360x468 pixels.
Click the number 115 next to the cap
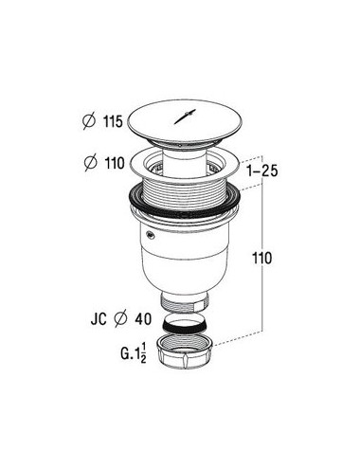(113, 121)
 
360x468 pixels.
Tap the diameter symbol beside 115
(89, 121)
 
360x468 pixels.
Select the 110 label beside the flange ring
(115, 163)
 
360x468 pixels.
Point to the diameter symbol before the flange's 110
(91, 163)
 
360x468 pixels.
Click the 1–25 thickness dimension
(262, 171)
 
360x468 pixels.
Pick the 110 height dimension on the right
(261, 258)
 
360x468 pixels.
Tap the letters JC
(99, 319)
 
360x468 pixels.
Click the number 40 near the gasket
(143, 319)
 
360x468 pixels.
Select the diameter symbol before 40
(121, 319)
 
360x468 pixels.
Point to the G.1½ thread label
(134, 353)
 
